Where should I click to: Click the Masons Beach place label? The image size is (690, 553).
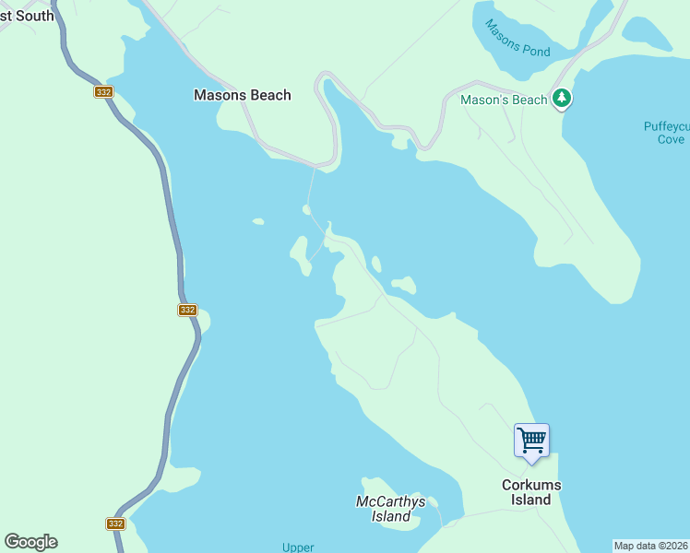coord(242,95)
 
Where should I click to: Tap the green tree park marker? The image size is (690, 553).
coord(562,99)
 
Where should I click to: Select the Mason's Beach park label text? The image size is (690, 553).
coord(505,100)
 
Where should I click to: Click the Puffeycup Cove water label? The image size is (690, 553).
coord(664,133)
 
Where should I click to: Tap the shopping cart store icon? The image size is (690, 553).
coord(531,441)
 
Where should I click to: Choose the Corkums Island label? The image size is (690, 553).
coord(531,492)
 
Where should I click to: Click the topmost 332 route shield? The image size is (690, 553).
coord(102,92)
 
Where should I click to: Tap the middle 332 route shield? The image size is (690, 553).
coord(187,311)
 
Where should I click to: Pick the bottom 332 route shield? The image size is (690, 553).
coord(115,524)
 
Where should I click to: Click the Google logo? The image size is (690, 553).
coord(30,542)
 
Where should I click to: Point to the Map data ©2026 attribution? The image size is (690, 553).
coord(650,546)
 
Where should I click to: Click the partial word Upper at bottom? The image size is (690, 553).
coord(298,547)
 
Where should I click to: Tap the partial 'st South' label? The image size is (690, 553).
coord(27,16)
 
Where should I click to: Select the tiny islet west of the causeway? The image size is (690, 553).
coord(258,221)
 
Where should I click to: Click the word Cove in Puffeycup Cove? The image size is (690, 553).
coord(672,139)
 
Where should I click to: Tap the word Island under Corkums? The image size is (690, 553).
coord(531,500)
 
